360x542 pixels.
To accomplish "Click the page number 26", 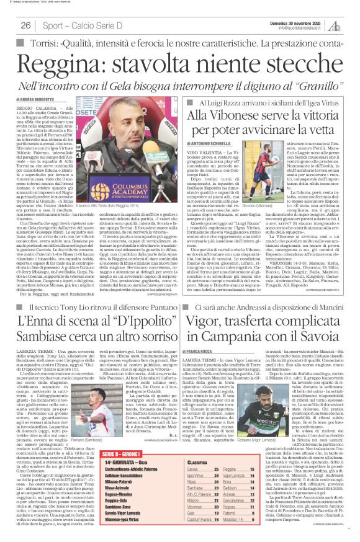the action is tap(26, 25).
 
